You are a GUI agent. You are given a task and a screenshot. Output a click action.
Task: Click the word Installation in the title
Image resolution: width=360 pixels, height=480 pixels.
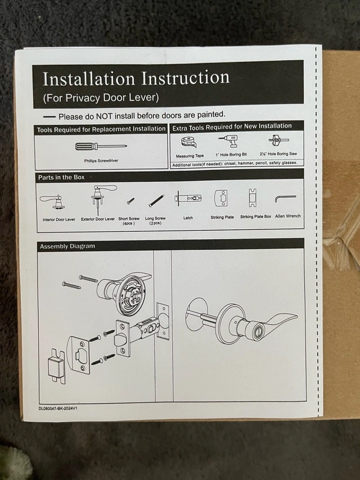89,79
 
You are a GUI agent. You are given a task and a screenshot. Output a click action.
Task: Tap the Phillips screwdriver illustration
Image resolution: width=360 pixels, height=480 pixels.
101,146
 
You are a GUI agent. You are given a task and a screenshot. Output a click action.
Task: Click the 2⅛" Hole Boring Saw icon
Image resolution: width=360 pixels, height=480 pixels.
278,140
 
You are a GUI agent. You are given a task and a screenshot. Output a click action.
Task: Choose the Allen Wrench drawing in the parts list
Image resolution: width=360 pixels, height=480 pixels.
285,199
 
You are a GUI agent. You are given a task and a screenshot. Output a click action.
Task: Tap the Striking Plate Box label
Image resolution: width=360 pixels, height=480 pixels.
255,217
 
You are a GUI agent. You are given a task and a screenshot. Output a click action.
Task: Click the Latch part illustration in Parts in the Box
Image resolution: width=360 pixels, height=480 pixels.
188,199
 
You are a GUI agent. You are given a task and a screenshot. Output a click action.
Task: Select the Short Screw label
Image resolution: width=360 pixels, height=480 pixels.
129,218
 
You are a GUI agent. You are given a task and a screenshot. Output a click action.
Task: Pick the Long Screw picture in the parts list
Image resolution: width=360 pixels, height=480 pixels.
156,200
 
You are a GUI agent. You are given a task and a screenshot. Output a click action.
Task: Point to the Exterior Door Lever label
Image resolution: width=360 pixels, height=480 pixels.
98,219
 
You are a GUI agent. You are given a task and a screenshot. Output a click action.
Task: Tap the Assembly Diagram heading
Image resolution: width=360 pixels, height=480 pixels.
67,246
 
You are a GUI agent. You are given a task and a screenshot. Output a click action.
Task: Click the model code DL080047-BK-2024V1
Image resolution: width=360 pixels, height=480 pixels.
58,408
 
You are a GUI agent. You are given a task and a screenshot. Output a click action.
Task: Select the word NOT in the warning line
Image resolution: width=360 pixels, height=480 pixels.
104,116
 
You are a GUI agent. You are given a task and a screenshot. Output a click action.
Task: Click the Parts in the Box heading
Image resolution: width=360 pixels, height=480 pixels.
61,177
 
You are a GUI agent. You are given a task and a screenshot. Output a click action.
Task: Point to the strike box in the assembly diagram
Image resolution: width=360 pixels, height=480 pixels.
57,366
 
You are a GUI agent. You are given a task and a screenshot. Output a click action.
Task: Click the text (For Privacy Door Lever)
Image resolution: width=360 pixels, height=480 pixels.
101,98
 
